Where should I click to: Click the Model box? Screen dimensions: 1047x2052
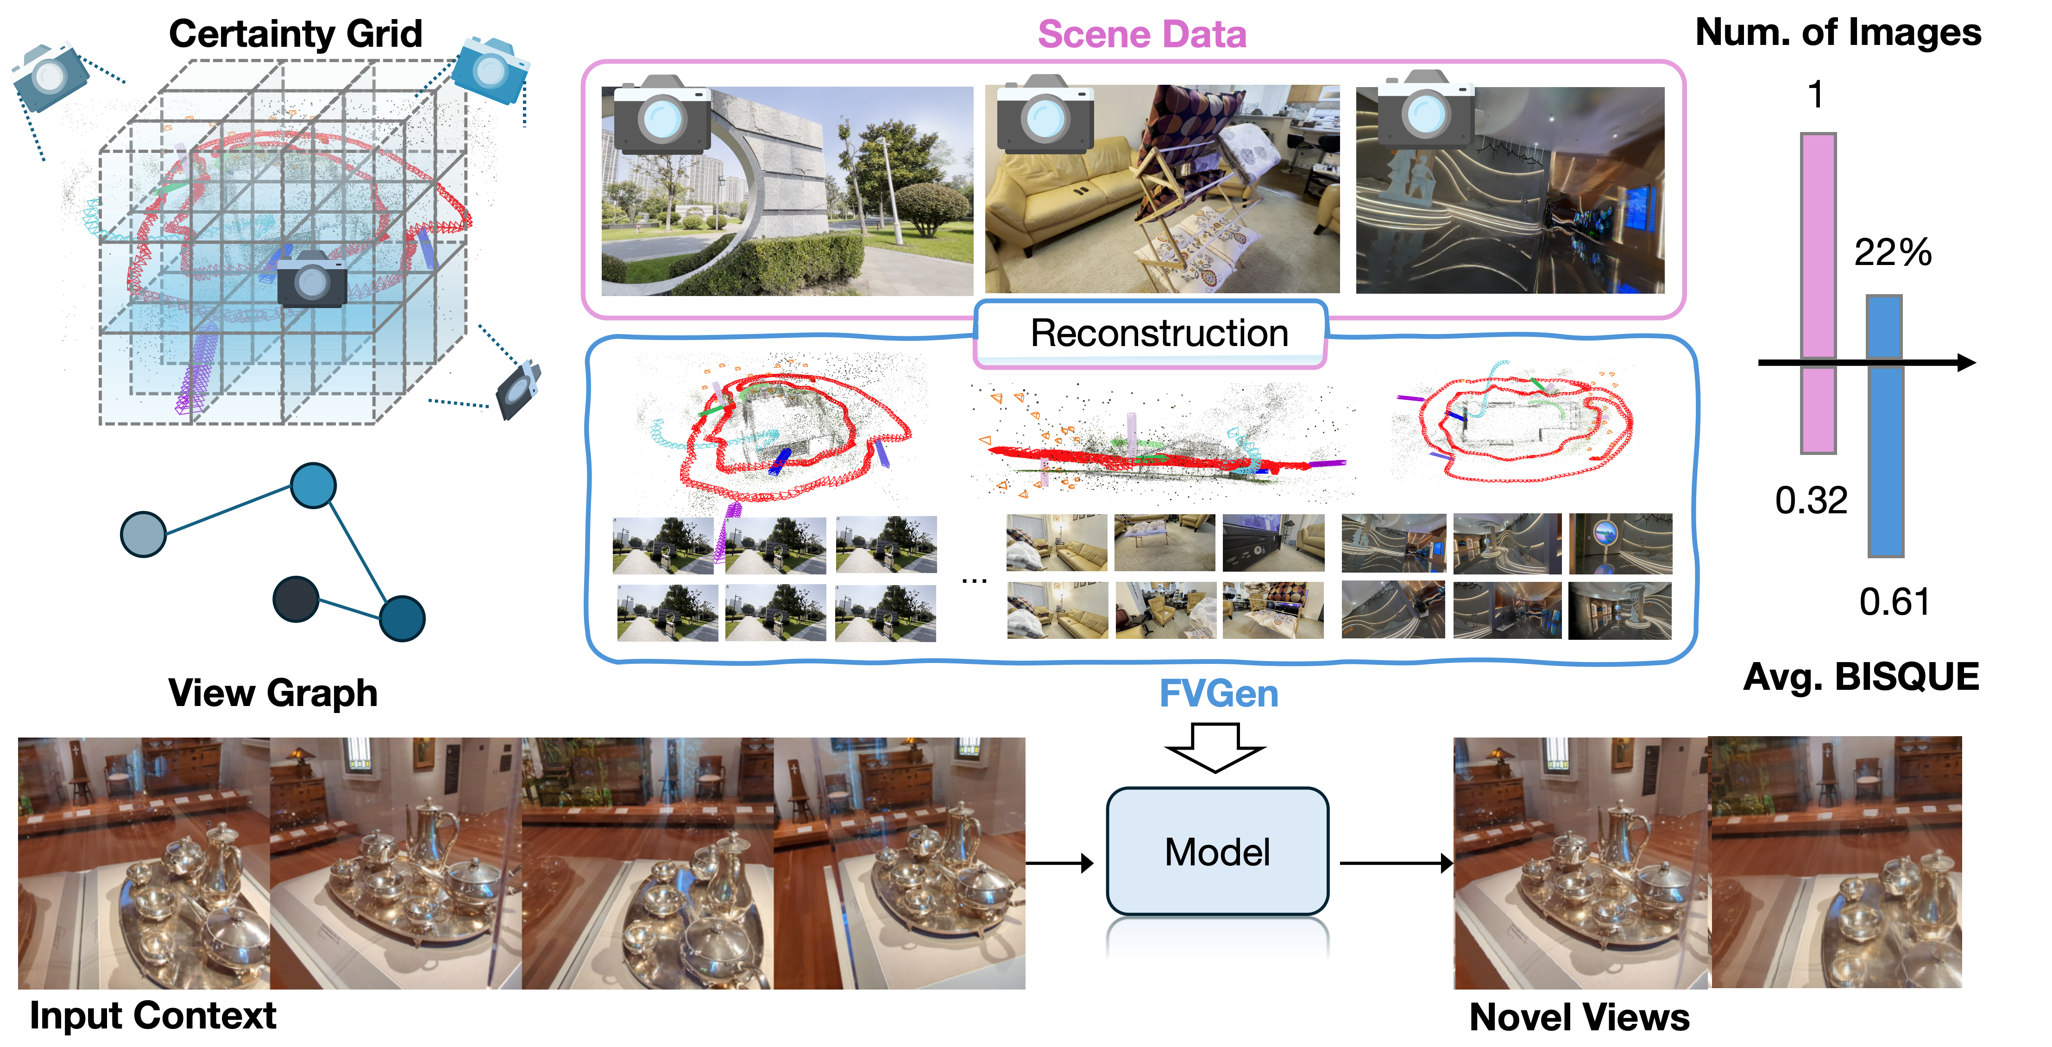coord(1217,851)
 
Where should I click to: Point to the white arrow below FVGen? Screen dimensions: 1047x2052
coord(1215,747)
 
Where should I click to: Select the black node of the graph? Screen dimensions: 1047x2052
coord(296,599)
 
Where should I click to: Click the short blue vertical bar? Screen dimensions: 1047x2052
coord(1884,327)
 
